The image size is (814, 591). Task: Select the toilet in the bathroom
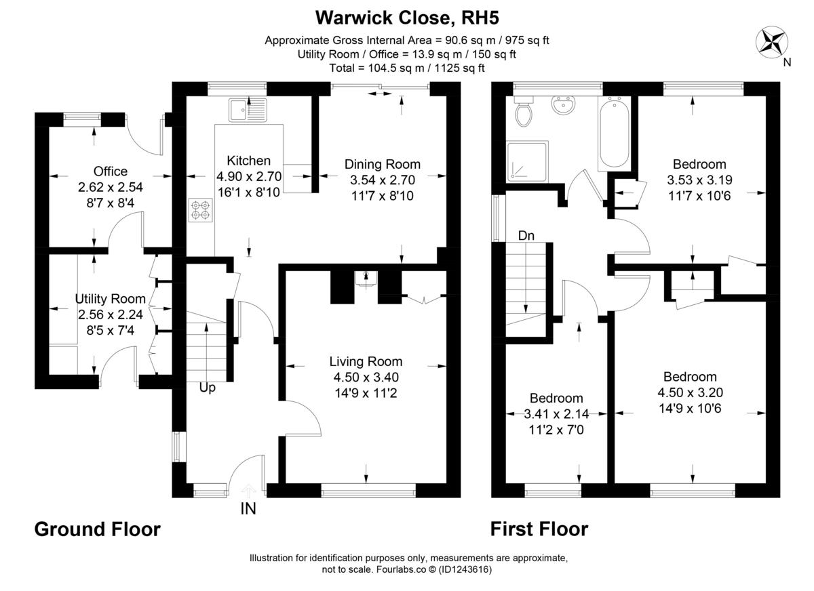(524, 113)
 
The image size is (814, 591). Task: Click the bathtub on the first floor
(615, 133)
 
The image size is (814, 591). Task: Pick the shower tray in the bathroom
(527, 161)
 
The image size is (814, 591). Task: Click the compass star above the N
(772, 41)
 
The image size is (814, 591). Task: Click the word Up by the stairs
(207, 388)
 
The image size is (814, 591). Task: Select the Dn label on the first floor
(527, 235)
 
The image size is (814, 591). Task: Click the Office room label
(111, 171)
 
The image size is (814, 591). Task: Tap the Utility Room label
(110, 299)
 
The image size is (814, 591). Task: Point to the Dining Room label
(382, 164)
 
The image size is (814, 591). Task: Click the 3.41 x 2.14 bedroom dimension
(556, 413)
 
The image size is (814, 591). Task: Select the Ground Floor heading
(98, 529)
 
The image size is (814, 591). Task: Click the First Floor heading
(539, 529)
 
